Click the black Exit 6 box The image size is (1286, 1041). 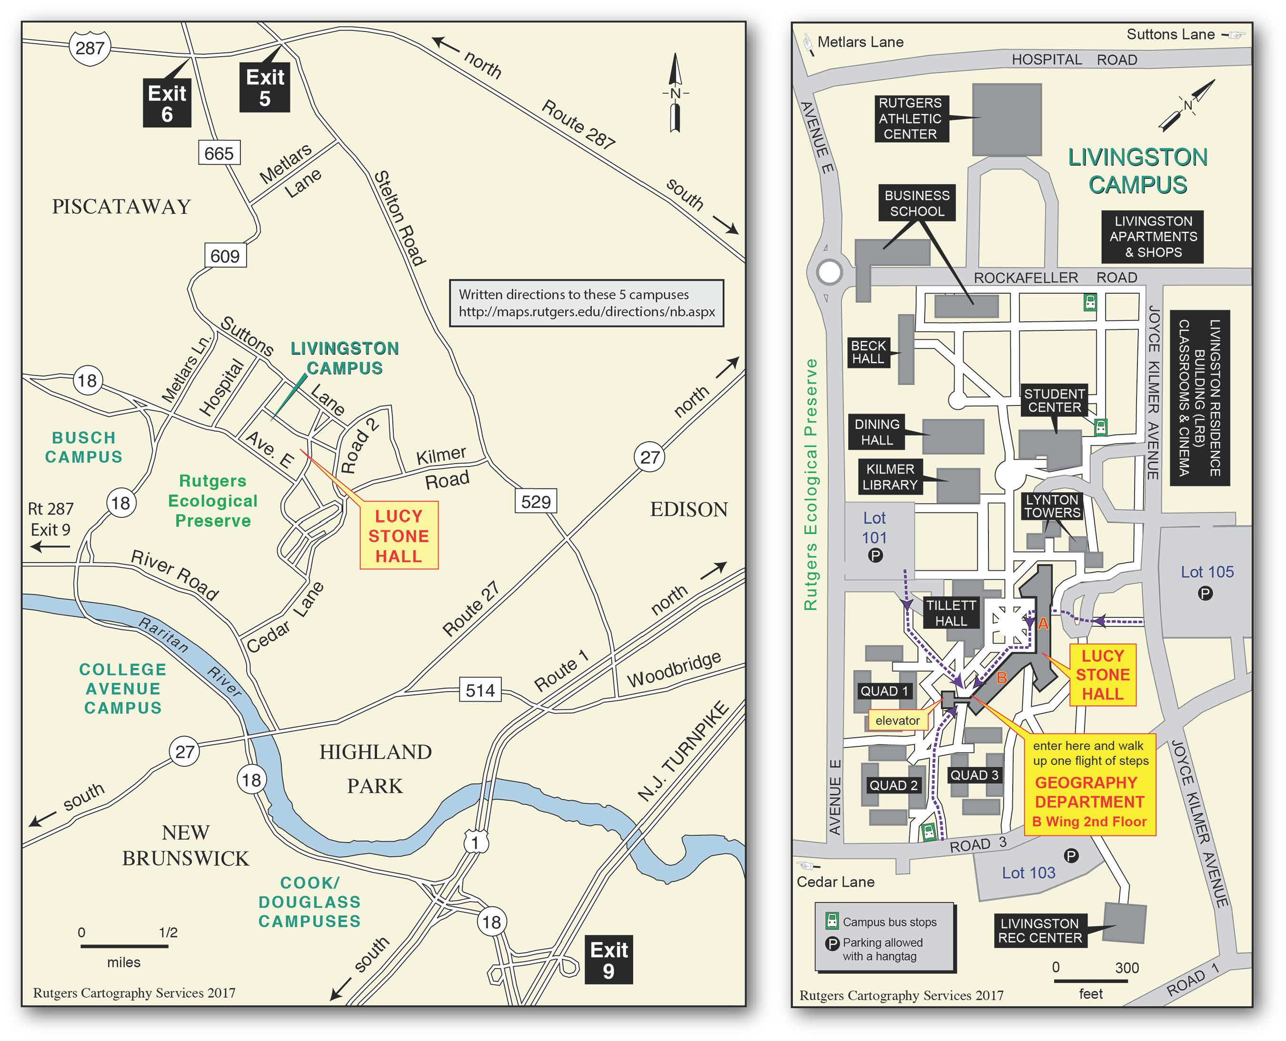167,103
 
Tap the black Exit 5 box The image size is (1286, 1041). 265,88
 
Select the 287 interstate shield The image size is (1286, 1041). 90,48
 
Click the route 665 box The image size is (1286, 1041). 219,153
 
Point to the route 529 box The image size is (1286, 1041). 536,501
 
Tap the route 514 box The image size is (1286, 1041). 480,690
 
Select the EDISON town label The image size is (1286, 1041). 689,510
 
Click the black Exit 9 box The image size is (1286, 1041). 609,960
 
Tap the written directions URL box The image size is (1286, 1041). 587,303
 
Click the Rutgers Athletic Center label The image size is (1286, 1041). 910,119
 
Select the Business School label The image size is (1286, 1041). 917,203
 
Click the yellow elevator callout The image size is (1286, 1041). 897,720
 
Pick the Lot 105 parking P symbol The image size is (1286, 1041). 1205,594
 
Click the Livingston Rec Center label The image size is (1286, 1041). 1039,931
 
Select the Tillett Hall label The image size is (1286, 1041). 951,613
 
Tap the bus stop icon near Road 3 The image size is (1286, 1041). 928,831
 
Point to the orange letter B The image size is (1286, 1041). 1001,678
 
